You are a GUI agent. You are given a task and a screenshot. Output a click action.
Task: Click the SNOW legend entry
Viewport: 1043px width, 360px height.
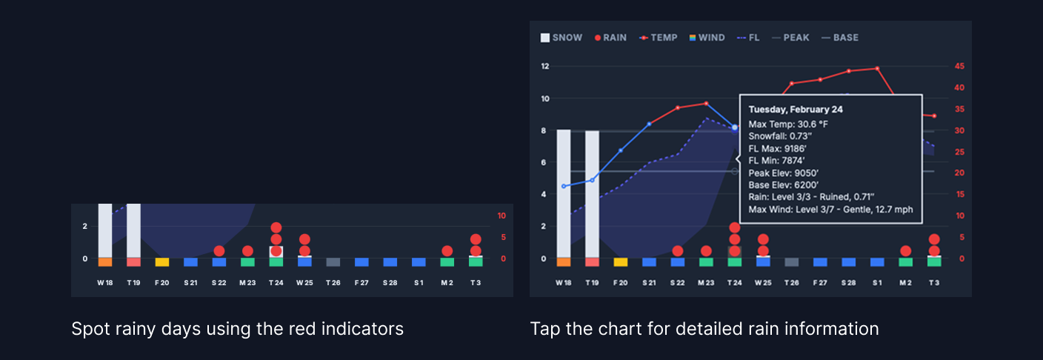[562, 38]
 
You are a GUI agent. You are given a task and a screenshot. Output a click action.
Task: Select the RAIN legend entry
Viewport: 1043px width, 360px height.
[610, 38]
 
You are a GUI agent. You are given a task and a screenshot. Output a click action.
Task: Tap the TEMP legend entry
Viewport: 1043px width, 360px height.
[658, 38]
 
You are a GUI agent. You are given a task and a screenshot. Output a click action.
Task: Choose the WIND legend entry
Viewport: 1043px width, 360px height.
[708, 38]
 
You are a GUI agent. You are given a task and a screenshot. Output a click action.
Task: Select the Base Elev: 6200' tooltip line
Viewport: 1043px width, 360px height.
[784, 184]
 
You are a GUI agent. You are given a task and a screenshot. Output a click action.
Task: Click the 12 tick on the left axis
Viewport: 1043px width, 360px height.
[544, 67]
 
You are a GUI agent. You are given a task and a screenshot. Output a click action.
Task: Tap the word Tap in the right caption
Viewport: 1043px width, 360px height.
[544, 329]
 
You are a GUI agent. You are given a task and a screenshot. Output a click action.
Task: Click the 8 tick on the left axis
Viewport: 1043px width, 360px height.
[544, 130]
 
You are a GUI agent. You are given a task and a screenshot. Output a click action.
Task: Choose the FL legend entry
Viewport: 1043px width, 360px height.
[749, 38]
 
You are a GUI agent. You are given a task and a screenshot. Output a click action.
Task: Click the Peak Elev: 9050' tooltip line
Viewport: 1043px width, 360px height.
[784, 173]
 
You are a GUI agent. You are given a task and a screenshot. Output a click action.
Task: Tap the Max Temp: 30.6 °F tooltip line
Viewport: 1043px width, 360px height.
[788, 124]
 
